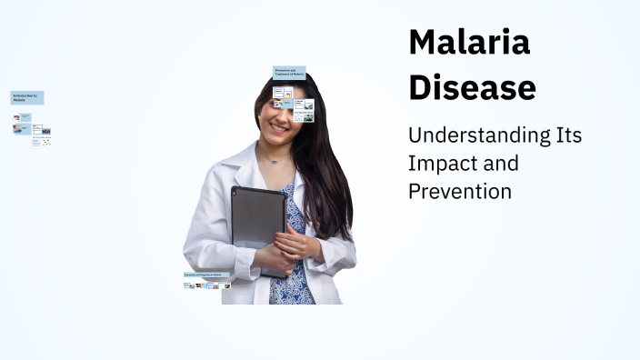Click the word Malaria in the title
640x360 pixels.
[469, 43]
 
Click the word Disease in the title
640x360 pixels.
[472, 87]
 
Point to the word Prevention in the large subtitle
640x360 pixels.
[459, 192]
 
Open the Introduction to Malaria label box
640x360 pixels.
[27, 97]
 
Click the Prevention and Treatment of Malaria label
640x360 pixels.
[289, 72]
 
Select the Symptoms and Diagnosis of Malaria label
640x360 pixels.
[208, 274]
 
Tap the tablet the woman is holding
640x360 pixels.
[257, 218]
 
